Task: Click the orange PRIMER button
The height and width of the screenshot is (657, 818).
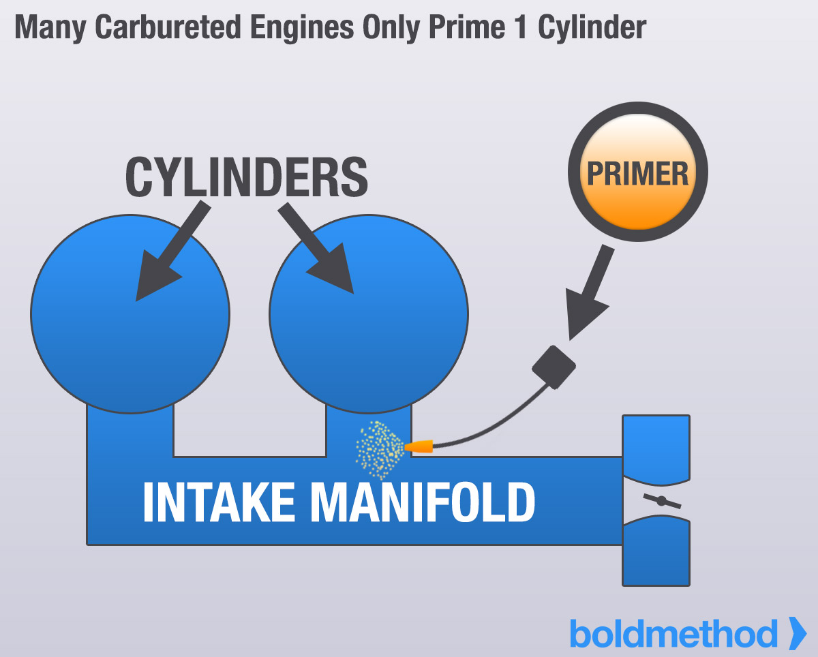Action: [x=638, y=174]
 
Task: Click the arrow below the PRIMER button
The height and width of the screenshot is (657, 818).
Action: [x=590, y=293]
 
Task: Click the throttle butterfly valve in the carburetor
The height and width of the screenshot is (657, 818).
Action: [x=661, y=501]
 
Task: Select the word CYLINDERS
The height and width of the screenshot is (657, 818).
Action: [x=246, y=177]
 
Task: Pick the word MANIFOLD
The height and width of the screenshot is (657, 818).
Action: [x=423, y=502]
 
